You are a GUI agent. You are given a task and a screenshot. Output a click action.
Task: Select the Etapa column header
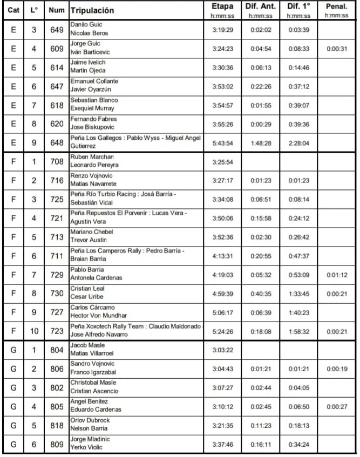click(223, 6)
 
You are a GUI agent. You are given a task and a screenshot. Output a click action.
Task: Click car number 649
click(56, 29)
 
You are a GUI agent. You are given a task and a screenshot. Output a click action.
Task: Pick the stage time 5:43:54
click(223, 142)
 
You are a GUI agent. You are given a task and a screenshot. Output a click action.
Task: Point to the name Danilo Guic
click(86, 25)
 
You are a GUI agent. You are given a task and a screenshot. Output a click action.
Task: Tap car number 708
click(56, 161)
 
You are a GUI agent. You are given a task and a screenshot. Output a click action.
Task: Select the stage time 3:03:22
click(223, 350)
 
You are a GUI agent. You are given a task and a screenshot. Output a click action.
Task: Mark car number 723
click(56, 331)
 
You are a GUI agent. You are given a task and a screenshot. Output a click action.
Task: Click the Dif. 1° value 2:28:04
click(297, 142)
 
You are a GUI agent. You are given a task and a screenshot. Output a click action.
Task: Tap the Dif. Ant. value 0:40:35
click(261, 294)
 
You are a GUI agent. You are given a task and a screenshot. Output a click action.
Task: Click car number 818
click(56, 426)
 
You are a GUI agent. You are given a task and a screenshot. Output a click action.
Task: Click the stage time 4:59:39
click(223, 294)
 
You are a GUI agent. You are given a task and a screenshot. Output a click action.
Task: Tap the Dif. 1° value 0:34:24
click(297, 445)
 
